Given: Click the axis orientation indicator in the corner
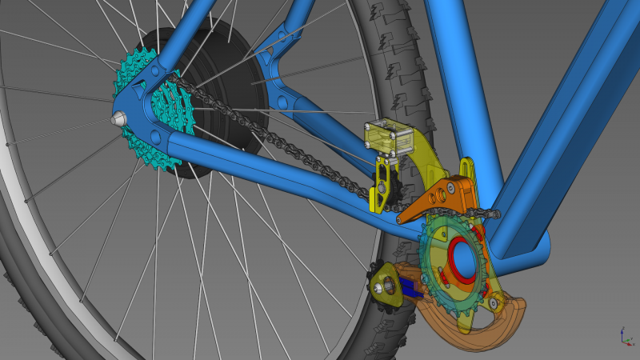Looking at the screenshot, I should tap(623, 336).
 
